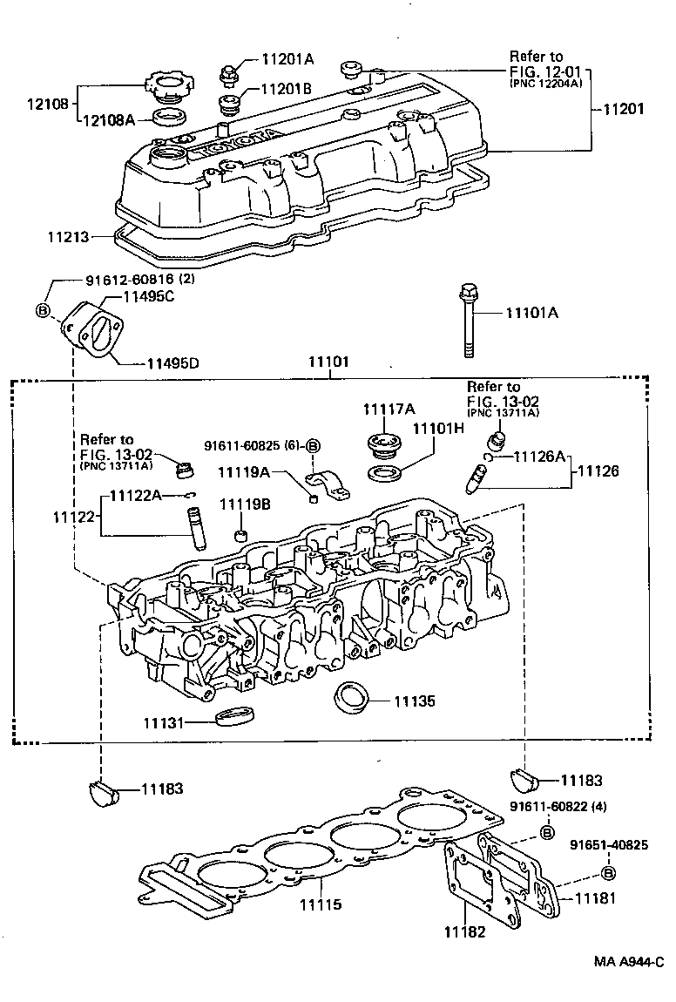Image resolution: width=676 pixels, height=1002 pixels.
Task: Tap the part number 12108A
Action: (109, 120)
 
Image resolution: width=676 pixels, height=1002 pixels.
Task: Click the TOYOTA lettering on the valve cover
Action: (235, 142)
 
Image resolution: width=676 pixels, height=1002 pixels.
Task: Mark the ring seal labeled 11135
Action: (352, 698)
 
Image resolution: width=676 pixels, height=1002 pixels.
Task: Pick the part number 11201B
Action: (285, 89)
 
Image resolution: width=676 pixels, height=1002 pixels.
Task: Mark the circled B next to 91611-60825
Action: (314, 445)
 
